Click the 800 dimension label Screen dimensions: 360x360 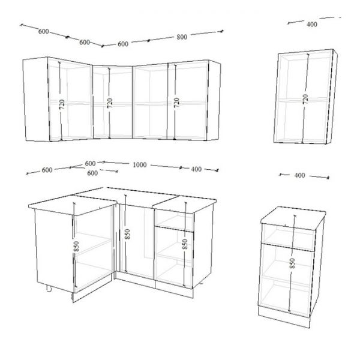tap(182, 37)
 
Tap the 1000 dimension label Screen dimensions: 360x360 tap(140, 165)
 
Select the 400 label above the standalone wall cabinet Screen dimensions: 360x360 tap(312, 24)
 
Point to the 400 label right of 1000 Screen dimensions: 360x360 tap(196, 169)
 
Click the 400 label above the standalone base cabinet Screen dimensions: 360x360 tap(299, 175)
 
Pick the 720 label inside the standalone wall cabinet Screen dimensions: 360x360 tap(305, 99)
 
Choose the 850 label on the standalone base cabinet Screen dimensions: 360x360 tap(292, 263)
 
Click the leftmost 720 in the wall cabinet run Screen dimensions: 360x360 tap(62, 104)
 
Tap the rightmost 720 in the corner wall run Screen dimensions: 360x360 tap(176, 103)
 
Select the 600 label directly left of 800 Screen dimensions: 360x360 tap(123, 44)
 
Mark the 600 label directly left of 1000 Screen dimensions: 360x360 tap(90, 163)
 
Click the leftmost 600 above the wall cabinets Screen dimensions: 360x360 tap(44, 31)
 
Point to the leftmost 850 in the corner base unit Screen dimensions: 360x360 tap(76, 247)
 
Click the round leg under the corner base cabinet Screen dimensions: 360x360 tap(49, 289)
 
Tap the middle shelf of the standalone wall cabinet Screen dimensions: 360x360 tap(303, 100)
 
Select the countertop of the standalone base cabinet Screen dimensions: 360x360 tap(293, 217)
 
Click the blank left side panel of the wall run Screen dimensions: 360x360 tap(36, 99)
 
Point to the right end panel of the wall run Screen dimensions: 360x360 tap(214, 100)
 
